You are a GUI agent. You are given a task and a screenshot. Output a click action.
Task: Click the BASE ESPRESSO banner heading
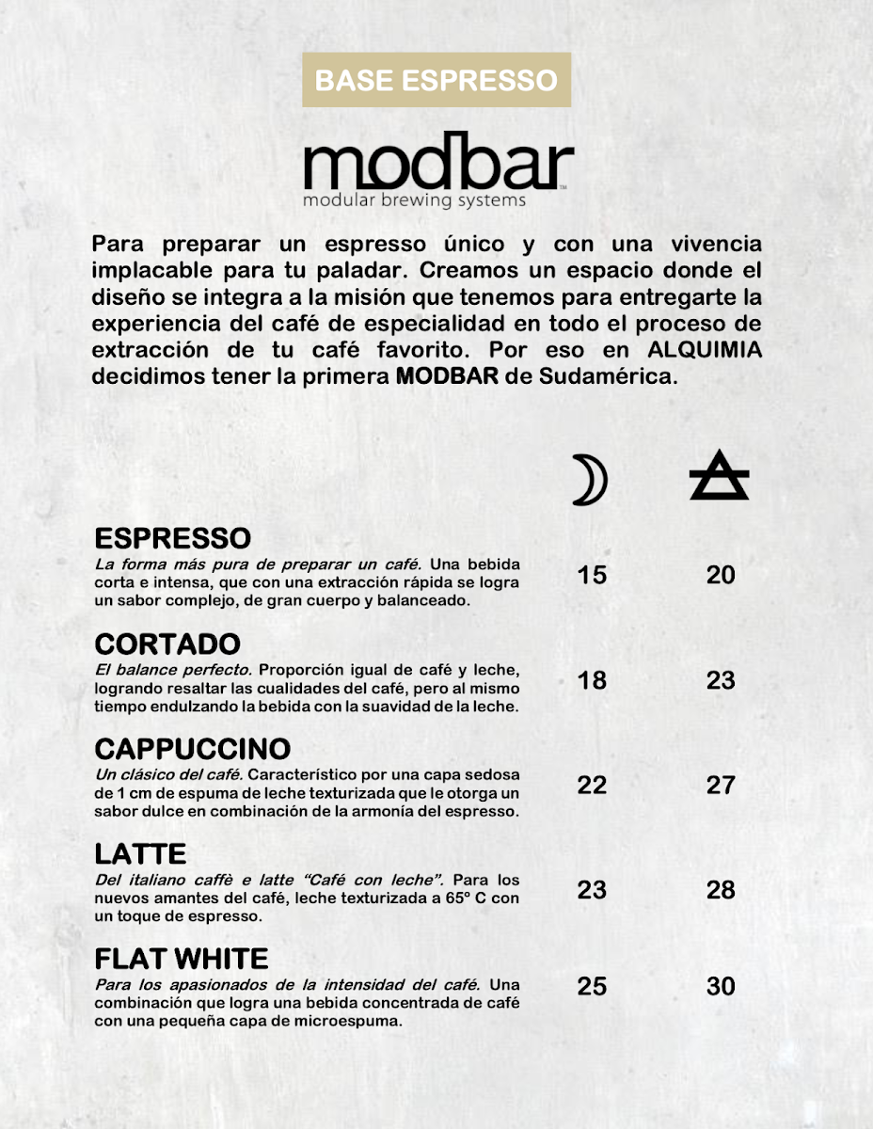(x=436, y=80)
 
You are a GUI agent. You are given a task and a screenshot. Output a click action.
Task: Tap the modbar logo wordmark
(x=437, y=165)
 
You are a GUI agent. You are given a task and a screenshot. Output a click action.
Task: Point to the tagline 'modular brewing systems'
(x=414, y=200)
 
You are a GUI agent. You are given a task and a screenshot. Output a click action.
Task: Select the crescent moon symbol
(x=591, y=480)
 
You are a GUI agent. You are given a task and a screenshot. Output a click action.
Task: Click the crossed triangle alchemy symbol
(x=720, y=476)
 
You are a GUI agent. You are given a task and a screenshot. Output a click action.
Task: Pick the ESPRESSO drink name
(x=173, y=539)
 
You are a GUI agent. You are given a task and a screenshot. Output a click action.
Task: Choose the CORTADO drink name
(x=167, y=644)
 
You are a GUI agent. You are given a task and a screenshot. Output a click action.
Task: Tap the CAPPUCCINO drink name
(x=193, y=750)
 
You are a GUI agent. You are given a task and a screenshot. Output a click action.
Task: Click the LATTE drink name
(x=141, y=854)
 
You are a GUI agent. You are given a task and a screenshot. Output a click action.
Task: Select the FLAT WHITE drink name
(x=182, y=960)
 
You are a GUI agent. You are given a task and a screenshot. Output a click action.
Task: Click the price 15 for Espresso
(x=592, y=574)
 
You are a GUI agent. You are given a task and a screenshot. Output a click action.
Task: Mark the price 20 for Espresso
(x=721, y=574)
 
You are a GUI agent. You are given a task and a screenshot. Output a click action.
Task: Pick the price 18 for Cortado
(x=592, y=679)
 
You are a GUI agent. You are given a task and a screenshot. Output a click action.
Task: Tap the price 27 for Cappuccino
(x=721, y=785)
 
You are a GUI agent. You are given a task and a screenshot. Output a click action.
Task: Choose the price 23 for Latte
(x=592, y=889)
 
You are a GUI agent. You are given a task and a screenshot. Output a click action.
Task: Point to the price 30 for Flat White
(x=721, y=986)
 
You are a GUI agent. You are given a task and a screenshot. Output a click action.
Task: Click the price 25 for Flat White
(x=592, y=986)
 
